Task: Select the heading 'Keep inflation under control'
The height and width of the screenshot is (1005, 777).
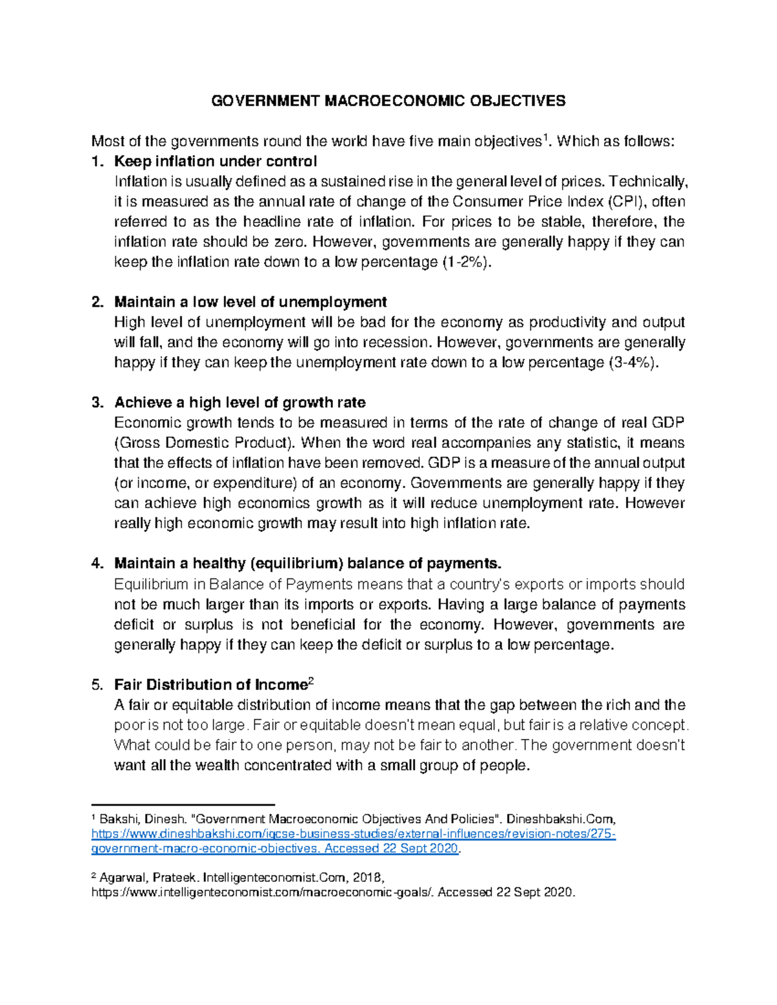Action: [x=215, y=161]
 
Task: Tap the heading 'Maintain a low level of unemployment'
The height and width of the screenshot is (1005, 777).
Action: [x=250, y=302]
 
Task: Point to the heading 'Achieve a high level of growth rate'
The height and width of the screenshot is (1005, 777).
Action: [x=240, y=403]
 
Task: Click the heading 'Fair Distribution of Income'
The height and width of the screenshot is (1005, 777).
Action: [x=210, y=685]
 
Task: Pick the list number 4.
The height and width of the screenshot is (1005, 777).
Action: [x=97, y=564]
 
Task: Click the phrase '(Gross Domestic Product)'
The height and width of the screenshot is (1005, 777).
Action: [x=205, y=443]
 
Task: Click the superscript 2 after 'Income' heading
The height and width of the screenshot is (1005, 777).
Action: [x=311, y=681]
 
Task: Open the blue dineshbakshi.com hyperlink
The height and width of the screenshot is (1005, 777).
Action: [x=353, y=834]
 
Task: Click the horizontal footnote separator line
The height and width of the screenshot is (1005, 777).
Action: [x=183, y=802]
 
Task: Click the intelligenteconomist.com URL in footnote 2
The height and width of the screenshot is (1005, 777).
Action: [x=264, y=892]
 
